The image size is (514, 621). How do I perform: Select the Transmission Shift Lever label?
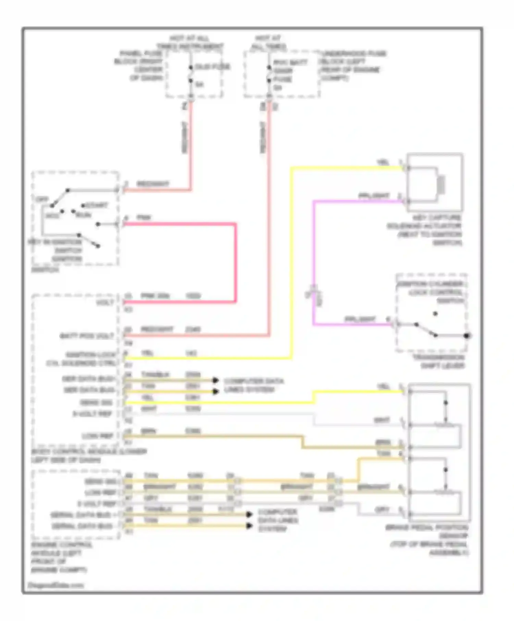tap(439, 362)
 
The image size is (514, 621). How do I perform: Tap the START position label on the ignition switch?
tap(96, 205)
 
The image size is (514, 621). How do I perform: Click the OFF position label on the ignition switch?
tap(41, 199)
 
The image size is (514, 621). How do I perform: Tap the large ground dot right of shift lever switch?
tap(467, 336)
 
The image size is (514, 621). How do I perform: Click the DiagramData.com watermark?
tap(56, 585)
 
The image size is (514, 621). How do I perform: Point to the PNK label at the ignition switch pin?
tap(144, 217)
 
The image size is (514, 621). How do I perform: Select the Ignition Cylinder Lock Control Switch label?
tap(431, 292)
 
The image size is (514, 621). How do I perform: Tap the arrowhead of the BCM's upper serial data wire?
tap(216, 380)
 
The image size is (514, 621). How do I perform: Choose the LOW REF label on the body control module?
tap(97, 436)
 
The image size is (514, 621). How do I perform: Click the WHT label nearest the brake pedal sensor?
tap(382, 420)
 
